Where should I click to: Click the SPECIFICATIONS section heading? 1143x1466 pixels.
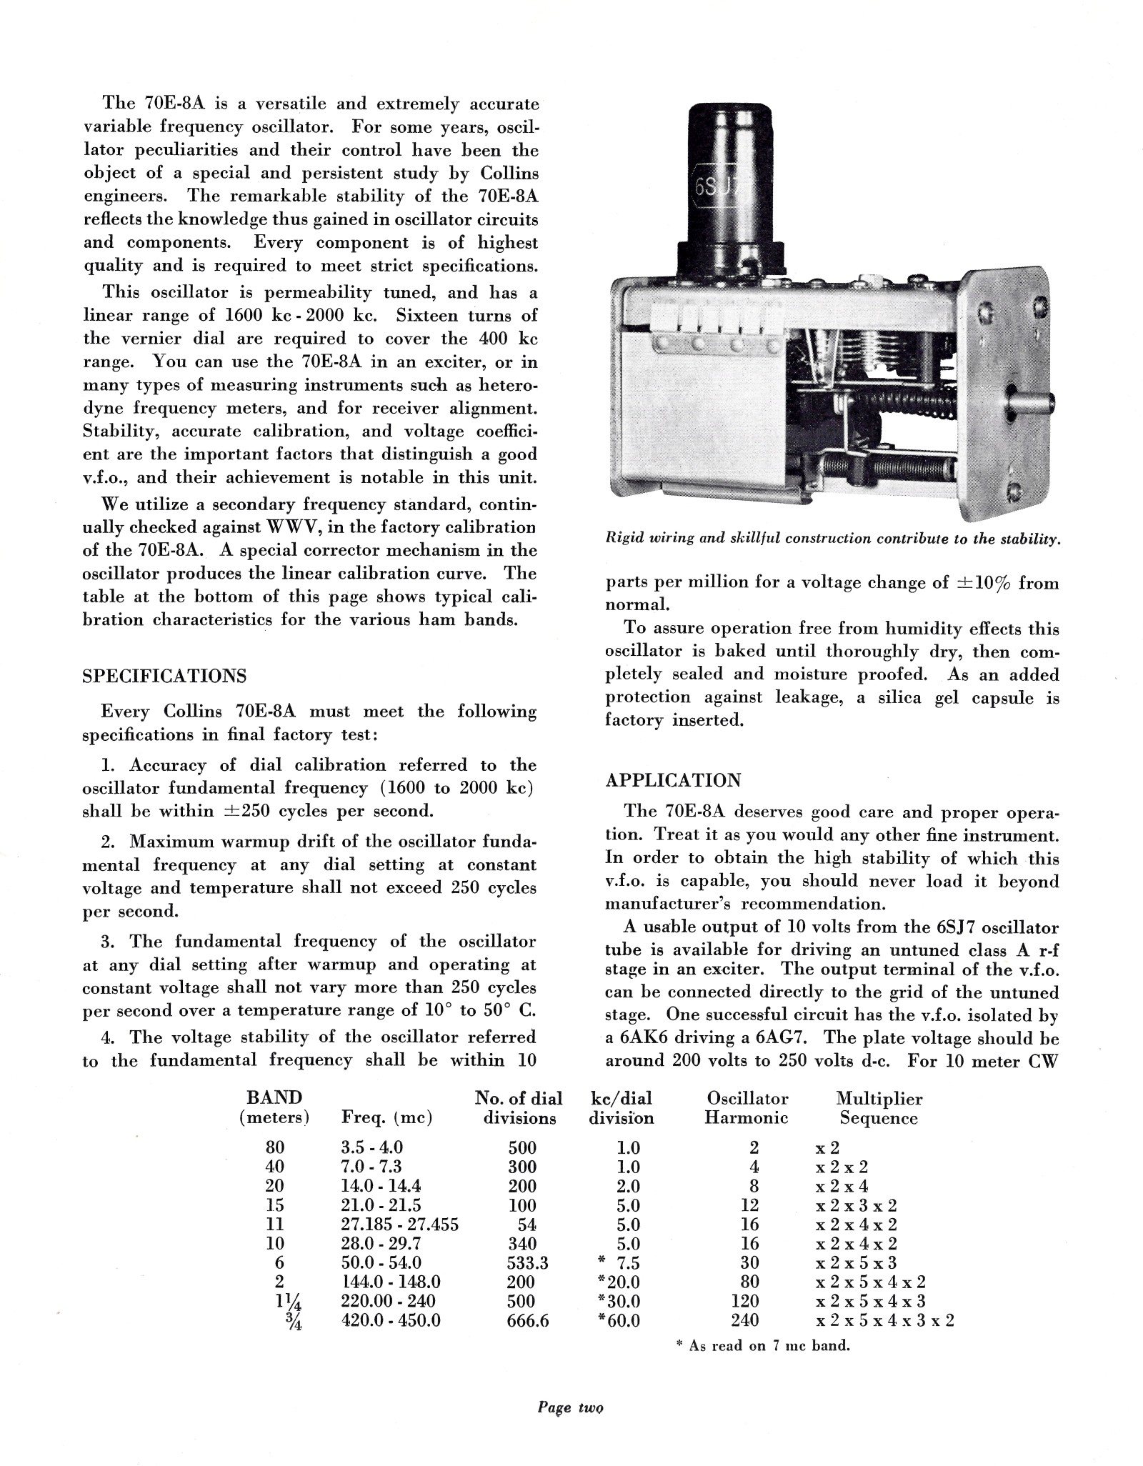(164, 676)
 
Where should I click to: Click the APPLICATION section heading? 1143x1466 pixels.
(673, 779)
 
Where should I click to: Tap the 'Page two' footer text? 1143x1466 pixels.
(570, 1407)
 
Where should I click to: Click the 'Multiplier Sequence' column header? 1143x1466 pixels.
(879, 1108)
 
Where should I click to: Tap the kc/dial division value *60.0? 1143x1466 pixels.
(619, 1320)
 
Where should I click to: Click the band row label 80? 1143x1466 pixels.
(274, 1147)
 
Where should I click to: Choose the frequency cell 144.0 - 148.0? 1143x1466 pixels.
(391, 1282)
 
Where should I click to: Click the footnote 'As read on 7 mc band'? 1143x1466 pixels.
(762, 1345)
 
